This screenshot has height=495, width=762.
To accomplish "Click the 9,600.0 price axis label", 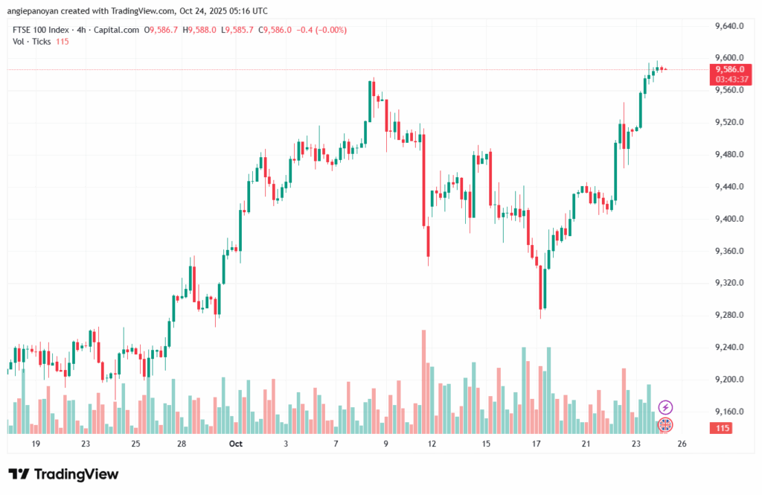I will tap(730, 58).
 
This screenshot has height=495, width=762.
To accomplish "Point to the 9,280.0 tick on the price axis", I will tap(730, 316).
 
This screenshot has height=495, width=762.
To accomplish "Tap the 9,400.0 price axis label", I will tap(730, 219).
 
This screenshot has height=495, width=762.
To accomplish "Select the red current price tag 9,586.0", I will tap(730, 69).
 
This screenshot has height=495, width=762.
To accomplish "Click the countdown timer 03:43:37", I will tap(730, 79).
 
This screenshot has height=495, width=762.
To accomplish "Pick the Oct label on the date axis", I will tap(236, 444).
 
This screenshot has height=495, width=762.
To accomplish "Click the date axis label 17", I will tap(536, 444).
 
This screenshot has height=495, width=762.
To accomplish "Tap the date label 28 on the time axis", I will tap(182, 444).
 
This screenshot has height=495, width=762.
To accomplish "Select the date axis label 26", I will tap(682, 444).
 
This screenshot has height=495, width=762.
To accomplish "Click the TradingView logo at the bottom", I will tap(63, 474).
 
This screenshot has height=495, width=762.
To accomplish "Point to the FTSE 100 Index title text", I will tap(42, 30).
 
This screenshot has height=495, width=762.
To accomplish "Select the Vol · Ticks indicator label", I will tap(31, 41).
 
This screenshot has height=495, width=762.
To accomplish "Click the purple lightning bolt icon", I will tap(666, 407).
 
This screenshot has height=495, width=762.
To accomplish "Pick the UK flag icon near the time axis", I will tap(666, 425).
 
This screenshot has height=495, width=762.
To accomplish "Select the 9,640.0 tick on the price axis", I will tap(730, 26).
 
